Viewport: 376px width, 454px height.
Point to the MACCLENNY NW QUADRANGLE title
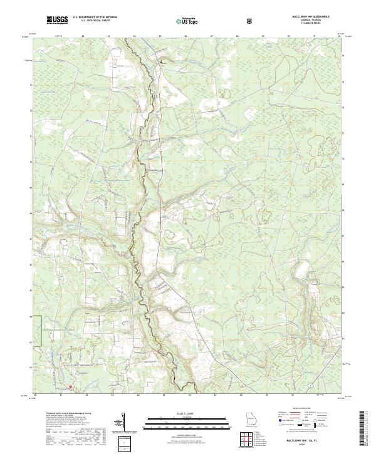308,16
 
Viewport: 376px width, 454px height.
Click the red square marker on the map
71,387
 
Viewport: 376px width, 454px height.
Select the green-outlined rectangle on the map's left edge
38,330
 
